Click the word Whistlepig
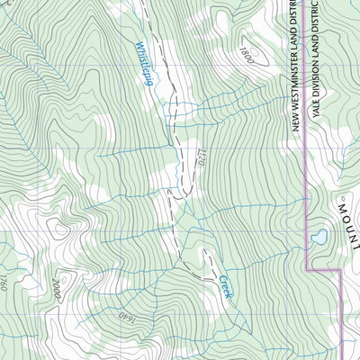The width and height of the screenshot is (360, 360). tap(143, 63)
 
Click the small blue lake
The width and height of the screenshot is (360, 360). tap(319, 238)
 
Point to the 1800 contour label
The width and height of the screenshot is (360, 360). tap(248, 56)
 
